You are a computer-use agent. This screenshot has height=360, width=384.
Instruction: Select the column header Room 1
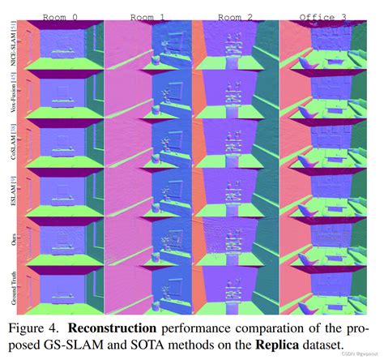(x=148, y=15)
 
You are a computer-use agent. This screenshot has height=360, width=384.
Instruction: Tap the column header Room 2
(x=235, y=15)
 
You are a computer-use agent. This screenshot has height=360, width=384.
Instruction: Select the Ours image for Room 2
(x=235, y=242)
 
